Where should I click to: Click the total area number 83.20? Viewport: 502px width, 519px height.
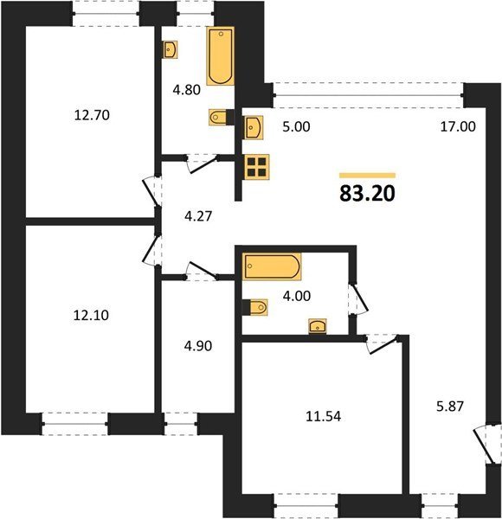367,194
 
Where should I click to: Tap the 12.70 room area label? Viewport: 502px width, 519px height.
92,116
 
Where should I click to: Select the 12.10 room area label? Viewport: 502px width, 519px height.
91,316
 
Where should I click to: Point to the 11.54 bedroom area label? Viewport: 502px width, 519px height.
323,416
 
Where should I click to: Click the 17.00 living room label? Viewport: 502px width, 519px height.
458,126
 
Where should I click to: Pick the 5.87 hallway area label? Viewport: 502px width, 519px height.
450,407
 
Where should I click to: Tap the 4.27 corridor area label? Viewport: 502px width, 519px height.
198,216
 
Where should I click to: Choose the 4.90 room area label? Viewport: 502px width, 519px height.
198,346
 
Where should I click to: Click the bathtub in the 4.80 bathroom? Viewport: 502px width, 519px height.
221,56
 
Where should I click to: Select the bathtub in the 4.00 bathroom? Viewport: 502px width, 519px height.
272,266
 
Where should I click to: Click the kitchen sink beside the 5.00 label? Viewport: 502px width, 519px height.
254,127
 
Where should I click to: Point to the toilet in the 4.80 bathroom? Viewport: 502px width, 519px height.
218,117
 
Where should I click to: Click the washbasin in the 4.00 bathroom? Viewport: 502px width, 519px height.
318,326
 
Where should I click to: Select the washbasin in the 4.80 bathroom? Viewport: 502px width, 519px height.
171,49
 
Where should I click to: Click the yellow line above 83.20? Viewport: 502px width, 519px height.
368,176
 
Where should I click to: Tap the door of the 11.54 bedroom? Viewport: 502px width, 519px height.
382,344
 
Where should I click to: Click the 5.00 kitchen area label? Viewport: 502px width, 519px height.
296,127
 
